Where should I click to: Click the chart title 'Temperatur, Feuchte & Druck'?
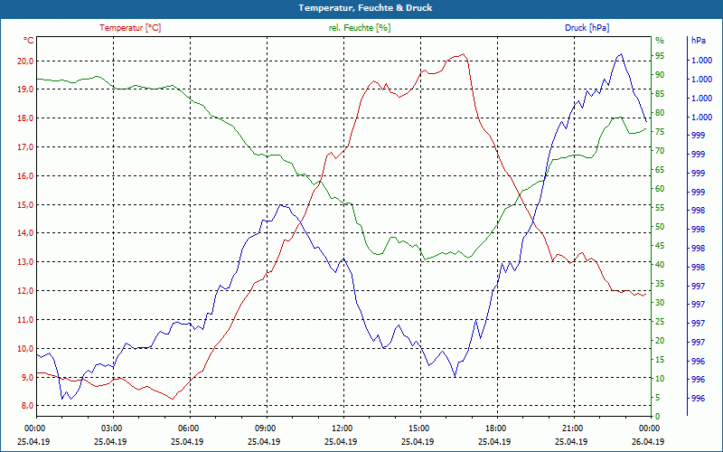[361, 8]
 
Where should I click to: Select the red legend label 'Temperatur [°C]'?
[130, 28]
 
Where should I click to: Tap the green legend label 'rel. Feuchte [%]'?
[360, 28]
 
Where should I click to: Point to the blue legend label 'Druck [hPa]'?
[587, 28]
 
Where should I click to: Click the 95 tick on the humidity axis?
[660, 59]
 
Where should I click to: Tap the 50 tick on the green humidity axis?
[660, 227]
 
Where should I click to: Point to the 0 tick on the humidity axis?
[658, 416]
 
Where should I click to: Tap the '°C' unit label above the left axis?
[29, 41]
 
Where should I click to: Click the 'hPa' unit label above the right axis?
[699, 41]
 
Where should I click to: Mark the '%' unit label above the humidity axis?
[660, 41]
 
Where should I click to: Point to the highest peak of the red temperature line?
[464, 54]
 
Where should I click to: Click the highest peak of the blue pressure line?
[620, 54]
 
